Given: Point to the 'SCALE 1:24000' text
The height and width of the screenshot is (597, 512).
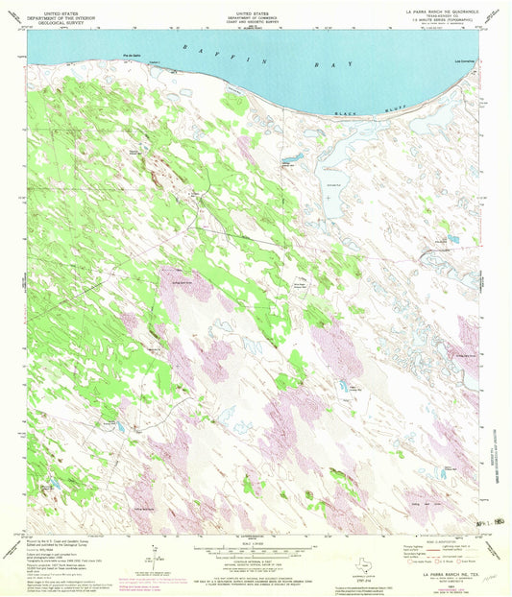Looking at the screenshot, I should (255, 550).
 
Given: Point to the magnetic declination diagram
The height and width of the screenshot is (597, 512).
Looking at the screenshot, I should (154, 555).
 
